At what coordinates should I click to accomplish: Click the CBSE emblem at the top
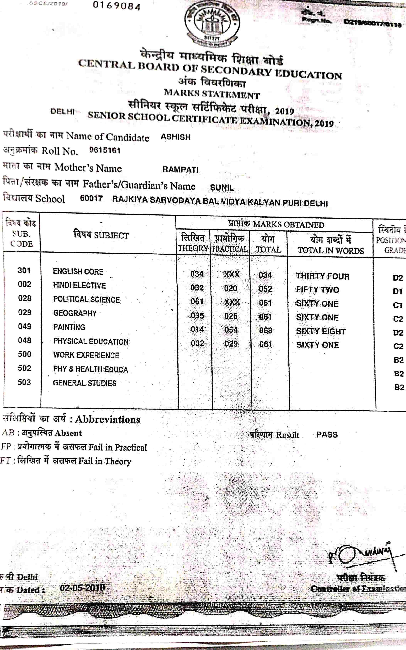[x=212, y=23]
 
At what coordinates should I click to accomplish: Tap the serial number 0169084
[x=116, y=6]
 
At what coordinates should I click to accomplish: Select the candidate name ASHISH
[x=176, y=137]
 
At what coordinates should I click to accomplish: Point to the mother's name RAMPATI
[x=181, y=169]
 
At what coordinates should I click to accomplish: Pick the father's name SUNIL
[x=222, y=188]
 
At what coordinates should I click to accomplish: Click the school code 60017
[x=91, y=199]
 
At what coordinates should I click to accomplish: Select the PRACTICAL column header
[x=230, y=249]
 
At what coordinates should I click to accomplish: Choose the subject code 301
[x=24, y=270]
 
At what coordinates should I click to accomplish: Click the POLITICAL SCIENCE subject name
[x=86, y=299]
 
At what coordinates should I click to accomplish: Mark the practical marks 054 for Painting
[x=231, y=330]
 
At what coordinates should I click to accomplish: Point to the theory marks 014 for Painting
[x=197, y=329]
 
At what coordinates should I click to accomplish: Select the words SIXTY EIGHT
[x=321, y=331]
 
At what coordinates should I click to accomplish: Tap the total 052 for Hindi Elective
[x=265, y=289]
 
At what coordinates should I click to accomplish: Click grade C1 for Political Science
[x=398, y=305]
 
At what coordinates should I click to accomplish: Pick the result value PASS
[x=327, y=434]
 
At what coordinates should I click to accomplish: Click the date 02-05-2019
[x=82, y=588]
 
